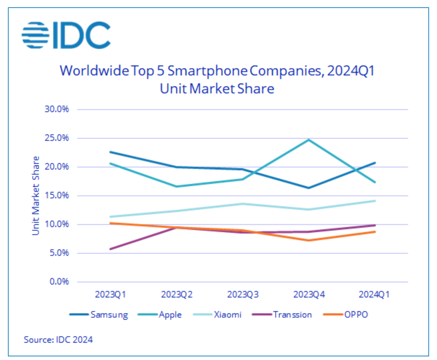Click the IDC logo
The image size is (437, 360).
coord(66,35)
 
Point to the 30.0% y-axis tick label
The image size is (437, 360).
coord(56,109)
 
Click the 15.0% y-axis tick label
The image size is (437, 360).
coord(56,195)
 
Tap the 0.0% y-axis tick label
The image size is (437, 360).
coord(59,282)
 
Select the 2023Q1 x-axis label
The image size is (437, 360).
coord(110,295)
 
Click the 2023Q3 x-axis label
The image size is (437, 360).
coord(243,295)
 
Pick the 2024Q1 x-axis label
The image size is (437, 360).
coord(374,295)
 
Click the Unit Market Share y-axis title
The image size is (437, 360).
coord(36,196)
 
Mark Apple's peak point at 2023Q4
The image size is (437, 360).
coord(309,140)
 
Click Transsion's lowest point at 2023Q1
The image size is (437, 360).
coord(110,249)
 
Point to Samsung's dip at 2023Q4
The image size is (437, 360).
coord(309,188)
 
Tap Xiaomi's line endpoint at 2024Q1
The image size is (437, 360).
coord(375,201)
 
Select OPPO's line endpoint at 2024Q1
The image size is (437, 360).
coord(375,232)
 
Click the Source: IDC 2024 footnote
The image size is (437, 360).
coord(58,340)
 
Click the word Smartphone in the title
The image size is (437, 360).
coord(207,71)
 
